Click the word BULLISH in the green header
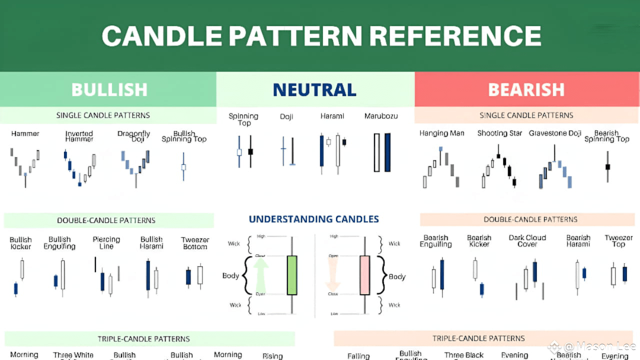pos(109,89)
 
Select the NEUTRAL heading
pos(314,89)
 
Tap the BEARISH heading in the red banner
pos(526,89)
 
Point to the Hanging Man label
pos(441,133)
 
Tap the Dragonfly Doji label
pos(134,136)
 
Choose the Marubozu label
pos(381,116)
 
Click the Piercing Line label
pos(106,243)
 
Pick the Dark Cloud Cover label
pos(527,240)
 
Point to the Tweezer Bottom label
pos(195,243)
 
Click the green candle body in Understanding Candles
pos(292,275)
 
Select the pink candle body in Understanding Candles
pos(364,275)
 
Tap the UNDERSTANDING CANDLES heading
pos(314,219)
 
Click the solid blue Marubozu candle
pos(387,152)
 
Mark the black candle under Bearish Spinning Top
pos(608,166)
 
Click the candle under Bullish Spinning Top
pos(183,167)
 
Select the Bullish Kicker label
pos(20,243)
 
